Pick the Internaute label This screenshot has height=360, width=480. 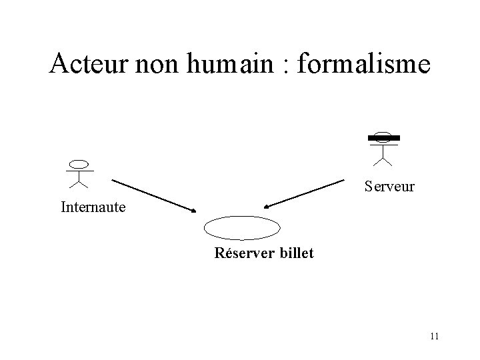pyautogui.click(x=93, y=207)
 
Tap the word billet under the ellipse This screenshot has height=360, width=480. pyautogui.click(x=294, y=253)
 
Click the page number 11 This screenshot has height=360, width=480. pyautogui.click(x=434, y=336)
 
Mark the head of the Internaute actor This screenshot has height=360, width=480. pyautogui.click(x=79, y=163)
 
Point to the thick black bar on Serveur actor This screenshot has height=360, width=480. pyautogui.click(x=382, y=138)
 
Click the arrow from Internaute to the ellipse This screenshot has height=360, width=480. pyautogui.click(x=153, y=195)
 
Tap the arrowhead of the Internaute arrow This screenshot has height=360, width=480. pyautogui.click(x=194, y=211)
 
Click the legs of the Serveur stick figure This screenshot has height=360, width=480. pyautogui.click(x=382, y=160)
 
